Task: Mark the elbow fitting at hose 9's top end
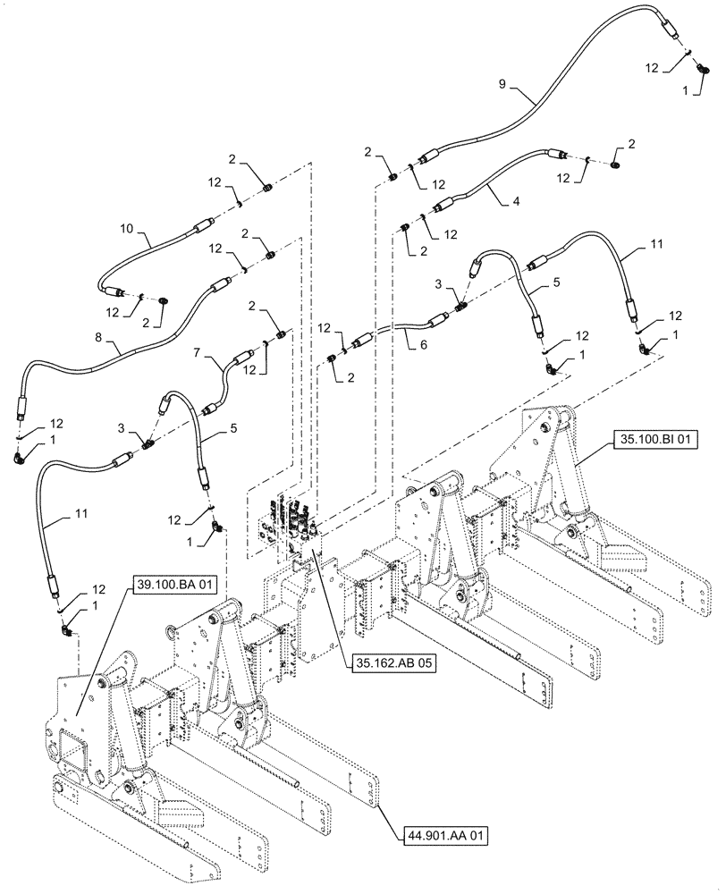pos(704,68)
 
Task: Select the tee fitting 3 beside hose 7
pos(147,441)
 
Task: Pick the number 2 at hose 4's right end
pos(631,144)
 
